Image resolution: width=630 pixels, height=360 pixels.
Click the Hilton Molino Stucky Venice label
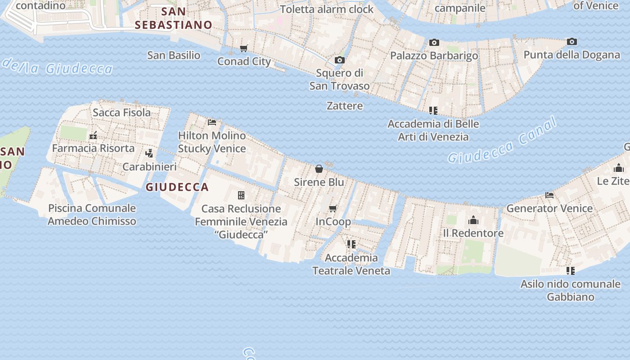tap(212, 142)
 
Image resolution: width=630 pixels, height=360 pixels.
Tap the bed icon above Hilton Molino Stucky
tap(212, 122)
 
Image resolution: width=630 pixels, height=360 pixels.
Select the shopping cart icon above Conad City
tap(244, 48)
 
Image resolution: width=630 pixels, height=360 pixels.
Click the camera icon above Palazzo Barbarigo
tap(434, 42)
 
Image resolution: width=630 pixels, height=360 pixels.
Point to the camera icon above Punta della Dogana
tap(572, 41)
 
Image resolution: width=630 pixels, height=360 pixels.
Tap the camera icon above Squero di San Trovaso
tap(340, 60)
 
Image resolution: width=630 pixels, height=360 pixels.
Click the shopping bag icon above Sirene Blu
tap(319, 169)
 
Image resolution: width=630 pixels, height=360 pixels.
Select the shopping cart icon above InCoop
tap(333, 208)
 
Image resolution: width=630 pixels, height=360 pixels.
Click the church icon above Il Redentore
tap(473, 220)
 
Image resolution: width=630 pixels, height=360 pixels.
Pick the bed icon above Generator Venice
tap(549, 195)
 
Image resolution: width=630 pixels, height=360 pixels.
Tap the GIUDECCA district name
tap(177, 187)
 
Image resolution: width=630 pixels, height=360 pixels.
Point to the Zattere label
tap(345, 106)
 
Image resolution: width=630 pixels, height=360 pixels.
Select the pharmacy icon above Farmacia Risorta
tap(94, 135)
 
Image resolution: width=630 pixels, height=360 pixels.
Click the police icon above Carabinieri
tap(149, 153)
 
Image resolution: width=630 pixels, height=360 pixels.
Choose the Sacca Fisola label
tap(121, 112)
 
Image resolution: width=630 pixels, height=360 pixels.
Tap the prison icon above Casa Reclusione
tap(241, 195)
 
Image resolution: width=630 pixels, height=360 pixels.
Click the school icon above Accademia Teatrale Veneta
tap(351, 244)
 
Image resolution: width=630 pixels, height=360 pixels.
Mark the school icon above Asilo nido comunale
tap(571, 270)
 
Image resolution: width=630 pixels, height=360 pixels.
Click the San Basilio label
tap(174, 55)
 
